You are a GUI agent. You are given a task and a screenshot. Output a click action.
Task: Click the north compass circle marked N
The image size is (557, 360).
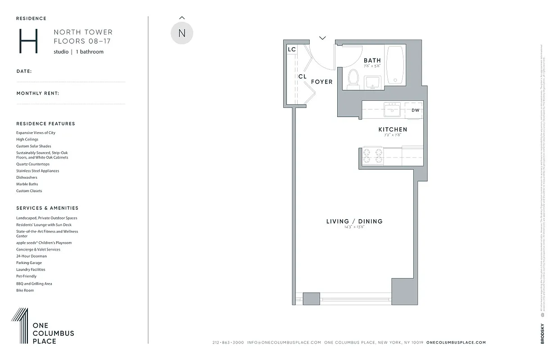182,33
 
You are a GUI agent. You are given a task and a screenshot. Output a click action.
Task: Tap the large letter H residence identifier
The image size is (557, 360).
28,41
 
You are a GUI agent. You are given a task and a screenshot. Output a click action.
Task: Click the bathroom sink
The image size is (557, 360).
372,81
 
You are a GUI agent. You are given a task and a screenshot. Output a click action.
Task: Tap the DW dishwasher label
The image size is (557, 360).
415,110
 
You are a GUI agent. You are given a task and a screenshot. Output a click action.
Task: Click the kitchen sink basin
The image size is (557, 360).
392,109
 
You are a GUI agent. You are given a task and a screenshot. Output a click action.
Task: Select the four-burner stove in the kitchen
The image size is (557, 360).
373,155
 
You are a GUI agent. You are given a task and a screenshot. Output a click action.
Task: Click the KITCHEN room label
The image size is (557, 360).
393,130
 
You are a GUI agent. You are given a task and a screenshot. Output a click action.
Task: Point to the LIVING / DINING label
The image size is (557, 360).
354,221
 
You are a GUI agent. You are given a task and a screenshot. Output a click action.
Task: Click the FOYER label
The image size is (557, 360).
322,82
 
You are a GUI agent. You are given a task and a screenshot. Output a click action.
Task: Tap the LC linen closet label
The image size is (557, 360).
292,49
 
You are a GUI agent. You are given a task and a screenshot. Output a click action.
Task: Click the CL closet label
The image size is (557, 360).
302,76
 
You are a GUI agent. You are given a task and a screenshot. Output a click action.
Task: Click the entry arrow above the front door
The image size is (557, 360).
322,38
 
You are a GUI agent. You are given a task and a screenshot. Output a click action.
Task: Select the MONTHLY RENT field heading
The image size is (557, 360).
38,94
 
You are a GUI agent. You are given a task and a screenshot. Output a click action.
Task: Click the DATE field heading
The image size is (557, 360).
24,71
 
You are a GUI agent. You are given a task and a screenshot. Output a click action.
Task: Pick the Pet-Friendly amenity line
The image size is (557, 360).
27,276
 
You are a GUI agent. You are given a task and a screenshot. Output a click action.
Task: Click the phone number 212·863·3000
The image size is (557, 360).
228,342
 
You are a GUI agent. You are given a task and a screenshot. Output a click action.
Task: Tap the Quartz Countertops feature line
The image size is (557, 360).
33,164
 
